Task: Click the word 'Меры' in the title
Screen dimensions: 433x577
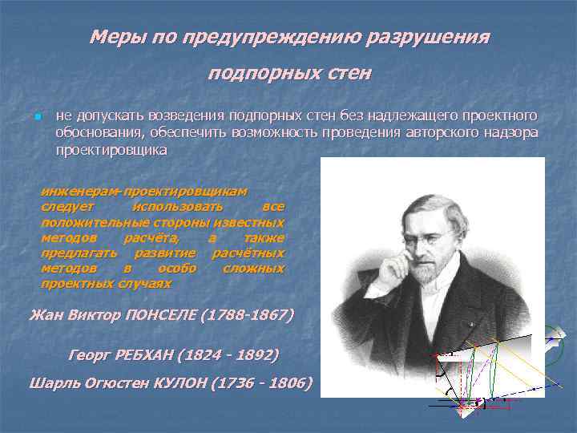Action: pyautogui.click(x=111, y=37)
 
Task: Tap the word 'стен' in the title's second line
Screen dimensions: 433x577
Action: pyautogui.click(x=349, y=74)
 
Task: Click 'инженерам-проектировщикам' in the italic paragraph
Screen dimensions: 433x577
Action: pyautogui.click(x=144, y=192)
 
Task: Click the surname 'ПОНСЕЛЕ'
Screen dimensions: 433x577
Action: pyautogui.click(x=164, y=314)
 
